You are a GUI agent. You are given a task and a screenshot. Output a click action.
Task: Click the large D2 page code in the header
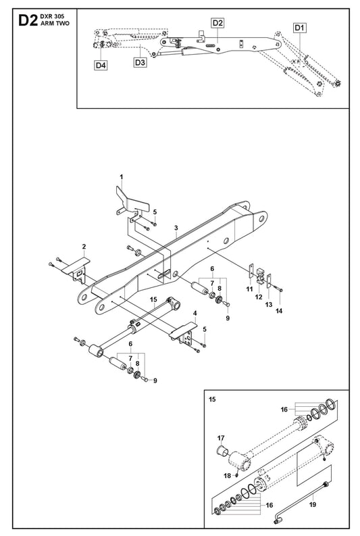28,20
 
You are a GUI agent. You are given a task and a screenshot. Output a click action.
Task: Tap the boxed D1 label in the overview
299,28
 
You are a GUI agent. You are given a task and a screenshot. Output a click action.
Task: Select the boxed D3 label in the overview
140,62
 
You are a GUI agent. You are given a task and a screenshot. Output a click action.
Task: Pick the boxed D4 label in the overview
101,65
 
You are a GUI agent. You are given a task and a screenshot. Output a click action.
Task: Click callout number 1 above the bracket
122,176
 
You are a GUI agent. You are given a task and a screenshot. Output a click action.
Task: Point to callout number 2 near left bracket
84,247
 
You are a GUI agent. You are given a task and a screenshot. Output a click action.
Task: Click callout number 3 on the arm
176,228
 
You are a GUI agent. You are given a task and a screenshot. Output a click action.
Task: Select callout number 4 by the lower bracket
195,313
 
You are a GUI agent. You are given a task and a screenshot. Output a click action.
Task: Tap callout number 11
249,289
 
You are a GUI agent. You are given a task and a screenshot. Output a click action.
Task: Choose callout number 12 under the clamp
259,297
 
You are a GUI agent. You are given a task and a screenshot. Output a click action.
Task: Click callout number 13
269,304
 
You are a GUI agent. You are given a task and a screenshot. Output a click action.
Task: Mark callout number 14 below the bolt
279,311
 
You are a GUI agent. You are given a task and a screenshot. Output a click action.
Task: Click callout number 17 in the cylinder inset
221,438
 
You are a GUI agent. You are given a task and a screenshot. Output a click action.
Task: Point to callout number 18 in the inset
228,475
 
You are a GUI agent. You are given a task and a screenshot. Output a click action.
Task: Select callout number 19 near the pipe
313,504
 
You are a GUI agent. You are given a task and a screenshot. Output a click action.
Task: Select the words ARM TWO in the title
55,23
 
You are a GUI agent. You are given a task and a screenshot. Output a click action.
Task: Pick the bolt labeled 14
280,290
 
